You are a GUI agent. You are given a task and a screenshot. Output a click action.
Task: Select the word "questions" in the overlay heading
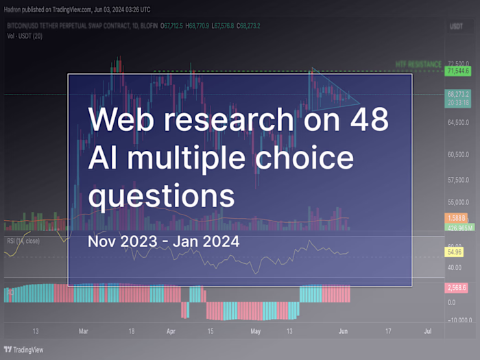tap(162, 196)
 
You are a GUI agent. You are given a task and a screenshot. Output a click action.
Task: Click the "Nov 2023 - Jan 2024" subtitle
tap(164, 241)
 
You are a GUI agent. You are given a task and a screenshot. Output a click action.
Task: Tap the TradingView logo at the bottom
tap(24, 349)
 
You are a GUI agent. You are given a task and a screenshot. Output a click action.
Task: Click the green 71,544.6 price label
tap(457, 71)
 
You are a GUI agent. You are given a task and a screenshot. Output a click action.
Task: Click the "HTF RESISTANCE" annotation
tap(418, 64)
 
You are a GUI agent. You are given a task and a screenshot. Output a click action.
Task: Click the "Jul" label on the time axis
tap(427, 331)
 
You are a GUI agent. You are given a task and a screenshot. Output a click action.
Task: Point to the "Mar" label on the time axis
tap(83, 331)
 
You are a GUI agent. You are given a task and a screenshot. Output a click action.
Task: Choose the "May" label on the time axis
tap(256, 331)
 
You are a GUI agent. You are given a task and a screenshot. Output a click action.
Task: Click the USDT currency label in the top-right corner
tap(456, 26)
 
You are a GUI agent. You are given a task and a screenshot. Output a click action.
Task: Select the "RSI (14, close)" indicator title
tap(24, 241)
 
